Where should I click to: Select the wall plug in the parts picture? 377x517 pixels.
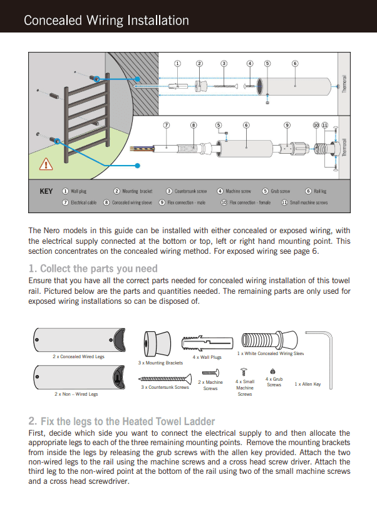(205, 343)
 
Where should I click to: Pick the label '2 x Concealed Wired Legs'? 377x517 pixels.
(78, 356)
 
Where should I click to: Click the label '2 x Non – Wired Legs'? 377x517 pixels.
(76, 394)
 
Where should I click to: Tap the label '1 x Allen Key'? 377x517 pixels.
(307, 384)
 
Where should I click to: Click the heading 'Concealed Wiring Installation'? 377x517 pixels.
(106, 21)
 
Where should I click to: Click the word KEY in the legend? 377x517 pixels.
(46, 191)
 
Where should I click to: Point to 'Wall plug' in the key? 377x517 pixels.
(78, 191)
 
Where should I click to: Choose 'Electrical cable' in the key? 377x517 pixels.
(83, 203)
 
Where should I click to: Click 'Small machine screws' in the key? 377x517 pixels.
(308, 203)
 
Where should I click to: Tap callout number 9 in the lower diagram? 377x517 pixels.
(287, 125)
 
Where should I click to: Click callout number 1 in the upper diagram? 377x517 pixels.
(177, 63)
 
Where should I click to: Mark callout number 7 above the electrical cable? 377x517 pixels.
(167, 125)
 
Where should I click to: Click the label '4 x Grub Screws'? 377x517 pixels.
(274, 381)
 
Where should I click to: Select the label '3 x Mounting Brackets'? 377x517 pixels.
(160, 363)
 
